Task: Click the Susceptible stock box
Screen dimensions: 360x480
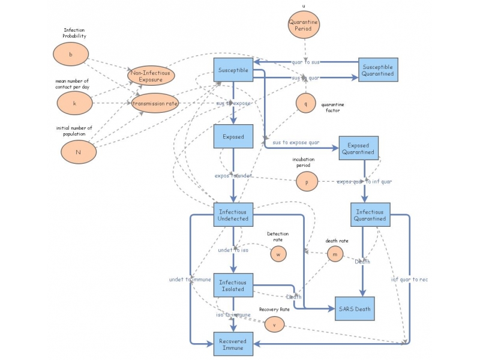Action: [233, 70]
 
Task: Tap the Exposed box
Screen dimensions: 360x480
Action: [233, 136]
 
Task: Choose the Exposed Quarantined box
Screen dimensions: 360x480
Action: [359, 148]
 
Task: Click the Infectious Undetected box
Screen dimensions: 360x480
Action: [233, 215]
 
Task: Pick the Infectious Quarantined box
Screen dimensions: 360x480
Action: [370, 215]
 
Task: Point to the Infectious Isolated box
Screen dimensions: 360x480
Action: [233, 286]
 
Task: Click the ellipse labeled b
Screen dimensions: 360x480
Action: [71, 55]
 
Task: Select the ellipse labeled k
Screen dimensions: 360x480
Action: [74, 103]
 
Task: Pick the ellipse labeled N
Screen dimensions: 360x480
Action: [78, 152]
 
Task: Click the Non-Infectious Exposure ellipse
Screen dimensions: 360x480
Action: [150, 76]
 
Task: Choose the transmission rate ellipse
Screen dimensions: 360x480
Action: [155, 103]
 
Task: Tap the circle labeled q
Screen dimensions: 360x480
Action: [305, 103]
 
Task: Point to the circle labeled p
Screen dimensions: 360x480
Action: [306, 181]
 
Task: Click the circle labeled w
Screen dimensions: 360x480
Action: [278, 254]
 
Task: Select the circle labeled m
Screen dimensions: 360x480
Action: [336, 254]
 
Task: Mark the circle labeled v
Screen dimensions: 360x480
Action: [274, 323]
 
